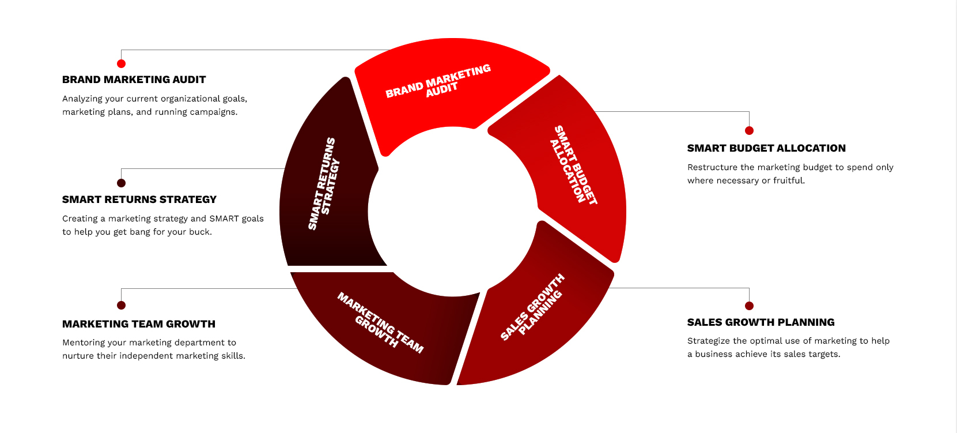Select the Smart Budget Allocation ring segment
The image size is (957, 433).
570,167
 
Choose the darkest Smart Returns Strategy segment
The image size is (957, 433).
326,185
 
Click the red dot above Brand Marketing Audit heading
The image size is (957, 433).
121,63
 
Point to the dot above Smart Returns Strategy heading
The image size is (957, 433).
121,183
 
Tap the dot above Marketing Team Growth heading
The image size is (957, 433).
121,305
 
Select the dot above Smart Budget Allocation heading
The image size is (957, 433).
749,130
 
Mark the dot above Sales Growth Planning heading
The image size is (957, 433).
749,306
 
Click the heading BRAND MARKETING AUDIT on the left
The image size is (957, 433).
134,80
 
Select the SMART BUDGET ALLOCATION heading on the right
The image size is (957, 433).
766,148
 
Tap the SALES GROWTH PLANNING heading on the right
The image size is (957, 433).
761,322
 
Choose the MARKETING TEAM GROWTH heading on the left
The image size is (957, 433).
138,324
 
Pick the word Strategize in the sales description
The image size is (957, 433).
709,341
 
